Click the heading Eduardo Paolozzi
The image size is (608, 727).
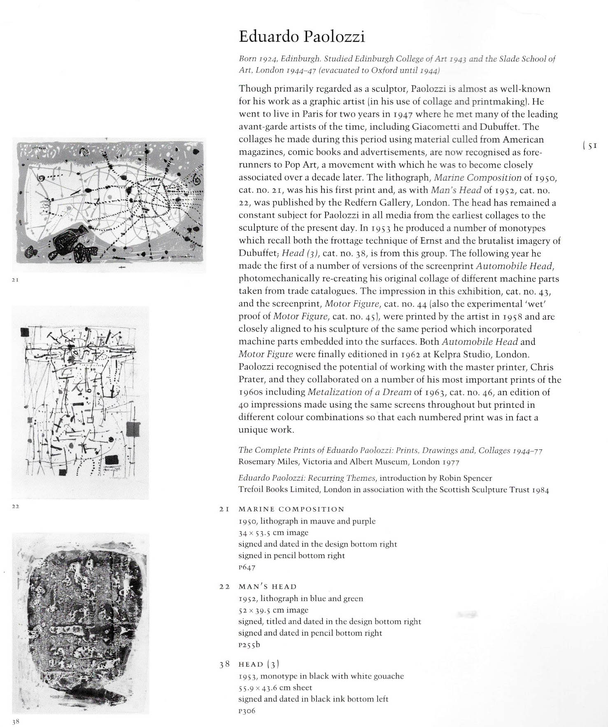[302, 37]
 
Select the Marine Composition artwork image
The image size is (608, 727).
[109, 205]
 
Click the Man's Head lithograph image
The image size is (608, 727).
[81, 402]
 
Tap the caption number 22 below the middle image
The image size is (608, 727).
[15, 506]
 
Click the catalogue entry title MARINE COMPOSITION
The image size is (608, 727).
[291, 510]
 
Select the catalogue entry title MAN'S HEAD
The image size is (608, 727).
[268, 587]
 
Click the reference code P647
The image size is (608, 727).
[247, 567]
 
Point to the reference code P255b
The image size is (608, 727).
[249, 645]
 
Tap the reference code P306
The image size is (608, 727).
[247, 711]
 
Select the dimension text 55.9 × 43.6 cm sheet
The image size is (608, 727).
[275, 687]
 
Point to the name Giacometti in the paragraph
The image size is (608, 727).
[436, 126]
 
